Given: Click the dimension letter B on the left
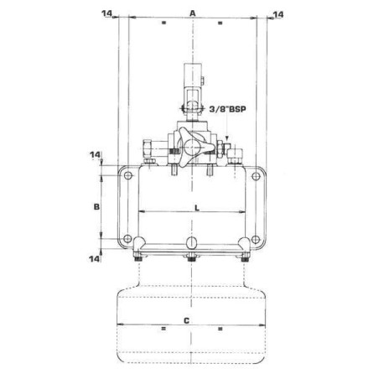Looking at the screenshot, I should click(96, 205).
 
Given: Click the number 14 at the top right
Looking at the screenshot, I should click(278, 14).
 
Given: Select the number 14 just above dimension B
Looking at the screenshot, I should click(94, 155).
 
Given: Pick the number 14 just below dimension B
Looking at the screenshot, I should click(94, 259).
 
